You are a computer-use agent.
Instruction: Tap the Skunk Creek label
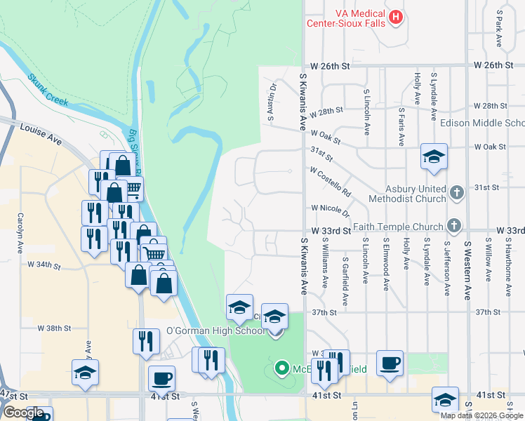coord(48,91)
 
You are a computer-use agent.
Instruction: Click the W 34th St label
coord(44,265)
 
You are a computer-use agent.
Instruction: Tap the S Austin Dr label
coord(271,102)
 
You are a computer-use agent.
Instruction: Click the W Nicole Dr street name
coord(330,208)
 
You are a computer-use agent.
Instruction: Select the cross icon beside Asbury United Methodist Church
coord(456,192)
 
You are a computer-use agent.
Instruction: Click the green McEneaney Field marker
coord(282,367)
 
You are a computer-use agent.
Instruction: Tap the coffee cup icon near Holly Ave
coord(390,363)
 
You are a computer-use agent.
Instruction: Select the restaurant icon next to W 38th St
coord(145,342)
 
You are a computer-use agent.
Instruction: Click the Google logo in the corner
coord(23,413)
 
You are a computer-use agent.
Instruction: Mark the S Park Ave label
coord(499,28)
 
